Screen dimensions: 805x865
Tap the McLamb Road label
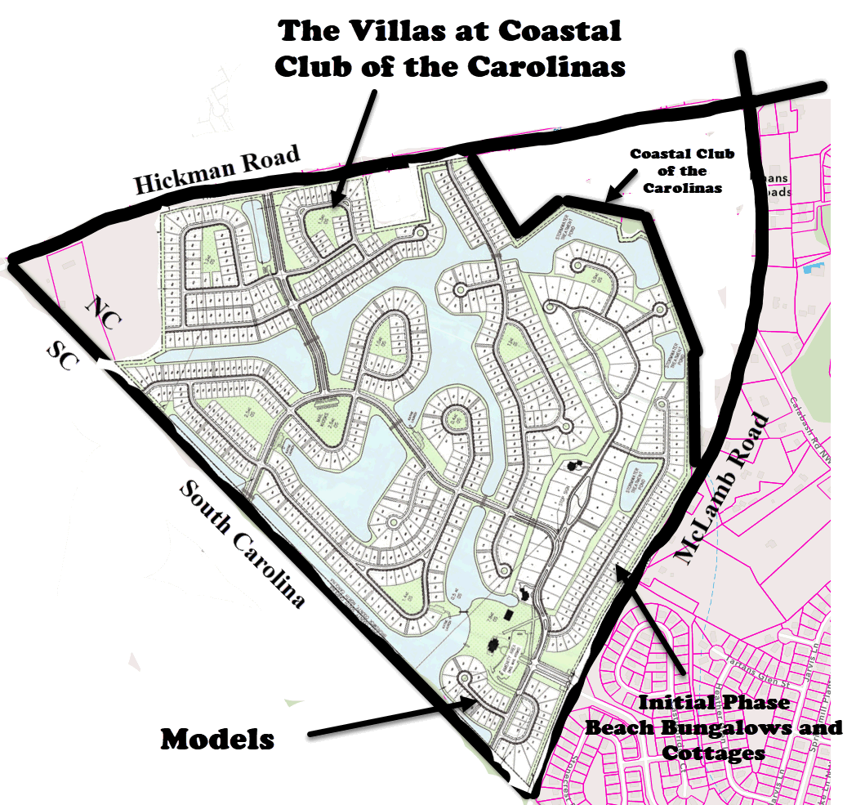(x=724, y=489)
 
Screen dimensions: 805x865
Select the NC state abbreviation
(x=104, y=312)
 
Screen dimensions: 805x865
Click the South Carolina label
(x=242, y=544)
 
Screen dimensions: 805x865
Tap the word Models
(x=217, y=740)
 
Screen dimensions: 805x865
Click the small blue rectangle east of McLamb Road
(x=810, y=267)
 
